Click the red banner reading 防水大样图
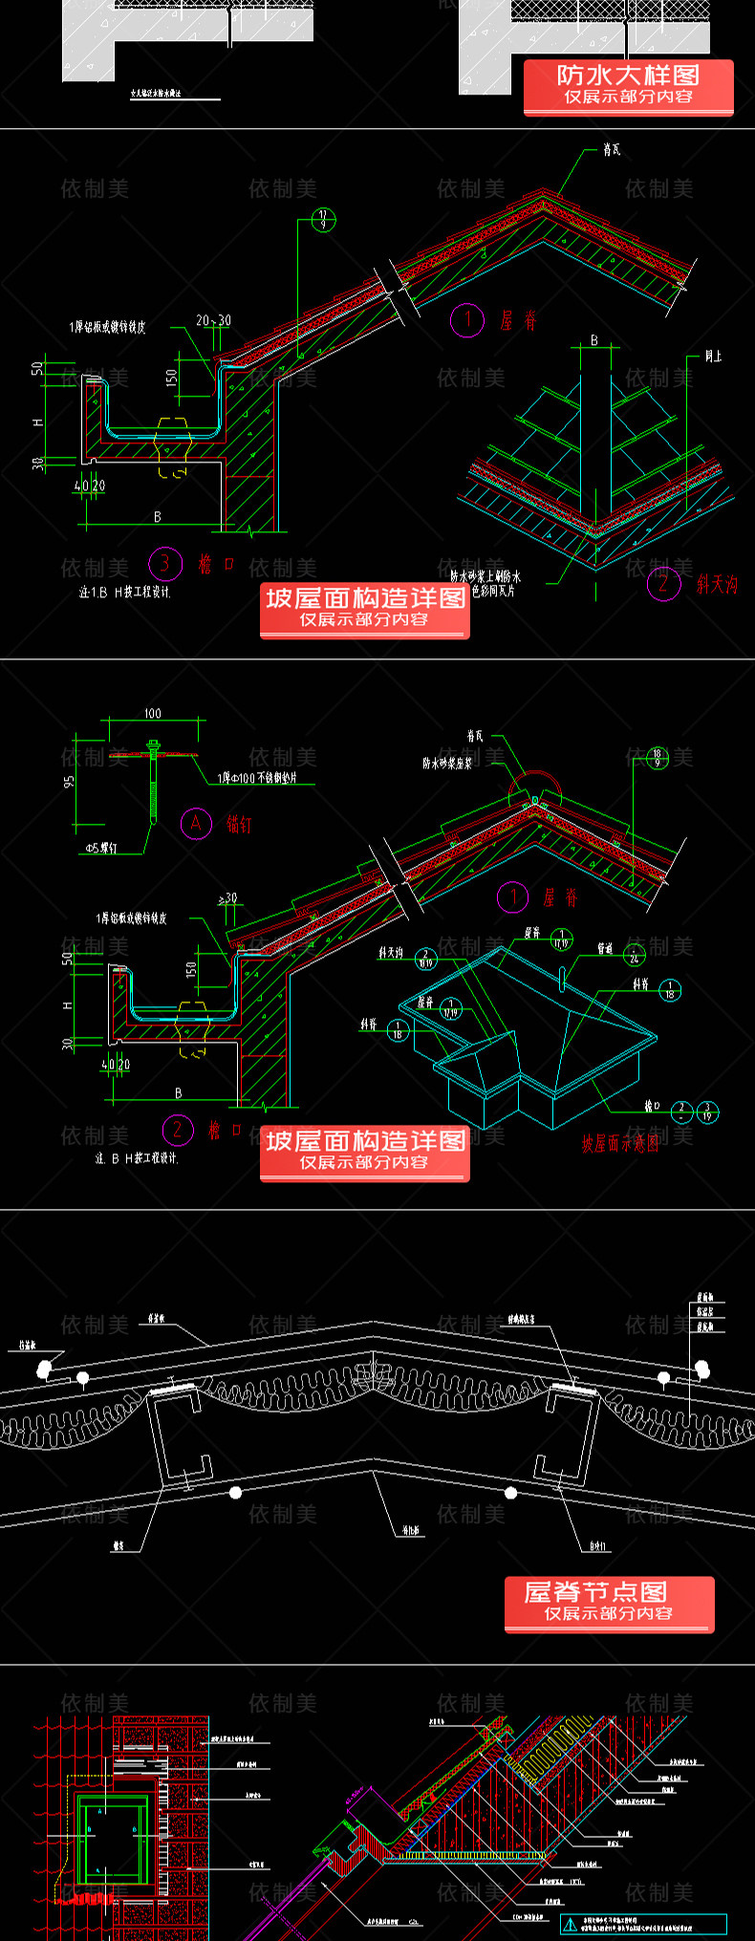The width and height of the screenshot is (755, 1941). pos(628,86)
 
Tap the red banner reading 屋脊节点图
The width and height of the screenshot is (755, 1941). pos(609,1603)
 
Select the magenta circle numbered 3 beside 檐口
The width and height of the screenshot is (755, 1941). pos(164,563)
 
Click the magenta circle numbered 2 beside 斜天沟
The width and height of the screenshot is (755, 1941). pos(663,583)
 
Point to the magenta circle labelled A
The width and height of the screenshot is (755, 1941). pos(196,823)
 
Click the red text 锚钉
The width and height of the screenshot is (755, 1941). pos(239,824)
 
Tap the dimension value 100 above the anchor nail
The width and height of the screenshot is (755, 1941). pos(153,713)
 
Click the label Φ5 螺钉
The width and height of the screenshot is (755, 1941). pos(101,847)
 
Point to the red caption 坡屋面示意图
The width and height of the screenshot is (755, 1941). pos(619,1143)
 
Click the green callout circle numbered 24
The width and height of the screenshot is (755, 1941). pos(634,955)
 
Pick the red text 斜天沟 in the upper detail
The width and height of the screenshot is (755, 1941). pos(717,584)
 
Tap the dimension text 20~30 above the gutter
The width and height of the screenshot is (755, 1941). pos(213,321)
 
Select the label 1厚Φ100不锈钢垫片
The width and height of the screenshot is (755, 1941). pos(257,778)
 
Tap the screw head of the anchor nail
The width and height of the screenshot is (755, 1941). pos(152,744)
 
